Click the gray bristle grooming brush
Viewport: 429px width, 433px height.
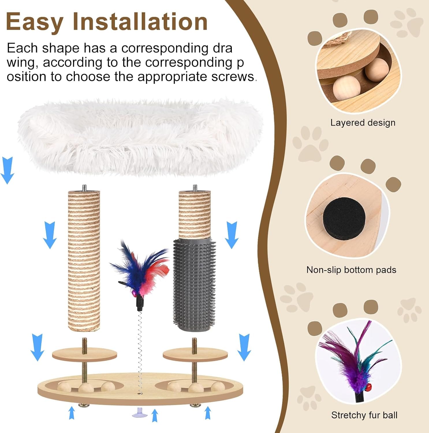194,284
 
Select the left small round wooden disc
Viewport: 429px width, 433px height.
84,354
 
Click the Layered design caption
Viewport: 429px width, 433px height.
363,123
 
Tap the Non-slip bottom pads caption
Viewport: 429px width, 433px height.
351,270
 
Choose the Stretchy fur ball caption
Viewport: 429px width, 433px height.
364,415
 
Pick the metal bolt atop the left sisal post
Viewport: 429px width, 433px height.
84,188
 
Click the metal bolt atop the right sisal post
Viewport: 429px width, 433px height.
195,188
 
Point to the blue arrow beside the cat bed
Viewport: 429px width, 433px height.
7,170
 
